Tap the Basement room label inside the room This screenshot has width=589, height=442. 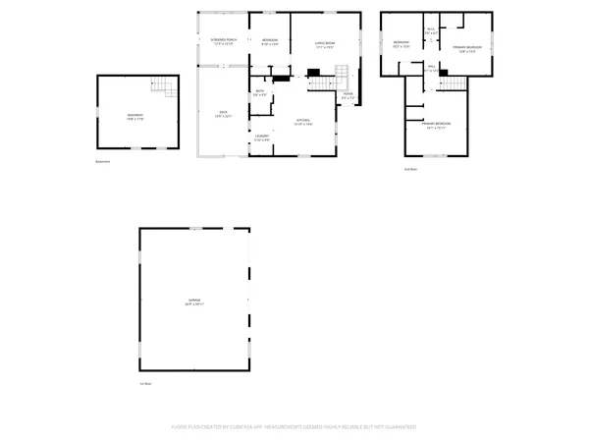pyautogui.click(x=135, y=117)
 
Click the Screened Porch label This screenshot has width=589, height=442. pyautogui.click(x=223, y=41)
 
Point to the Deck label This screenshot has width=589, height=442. pyautogui.click(x=223, y=113)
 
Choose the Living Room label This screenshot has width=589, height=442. pyautogui.click(x=326, y=44)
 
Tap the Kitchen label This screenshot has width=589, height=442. pyautogui.click(x=304, y=122)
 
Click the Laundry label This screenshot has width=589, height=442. pyautogui.click(x=262, y=138)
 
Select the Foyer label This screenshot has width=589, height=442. pyautogui.click(x=348, y=95)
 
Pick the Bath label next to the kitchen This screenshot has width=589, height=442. pyautogui.click(x=260, y=92)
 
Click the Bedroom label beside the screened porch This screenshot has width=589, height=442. pyautogui.click(x=269, y=41)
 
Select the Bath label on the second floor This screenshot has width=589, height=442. pyautogui.click(x=431, y=30)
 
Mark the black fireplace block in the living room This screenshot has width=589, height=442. pyautogui.click(x=314, y=72)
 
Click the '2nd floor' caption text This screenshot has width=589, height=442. pyautogui.click(x=411, y=168)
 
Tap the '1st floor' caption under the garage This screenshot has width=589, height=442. pyautogui.click(x=144, y=383)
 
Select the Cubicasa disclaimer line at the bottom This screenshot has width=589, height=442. pyautogui.click(x=294, y=427)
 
